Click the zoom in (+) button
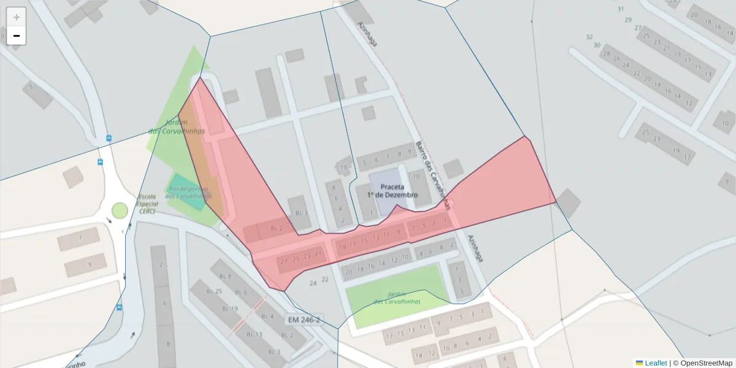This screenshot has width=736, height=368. click(x=17, y=17)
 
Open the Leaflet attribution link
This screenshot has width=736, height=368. click(x=656, y=363)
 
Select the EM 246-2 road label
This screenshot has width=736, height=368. click(x=303, y=320)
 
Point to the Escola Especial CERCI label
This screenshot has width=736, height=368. click(x=148, y=204)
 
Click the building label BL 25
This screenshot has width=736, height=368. click(x=213, y=291)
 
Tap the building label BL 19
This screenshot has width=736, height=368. click(x=230, y=309)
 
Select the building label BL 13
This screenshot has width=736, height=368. click(x=254, y=334)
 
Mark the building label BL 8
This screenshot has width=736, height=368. click(x=226, y=276)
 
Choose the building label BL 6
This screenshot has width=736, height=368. click(x=240, y=293)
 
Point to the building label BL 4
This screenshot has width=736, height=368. click(x=267, y=316)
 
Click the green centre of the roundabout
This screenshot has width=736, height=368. click(x=120, y=210)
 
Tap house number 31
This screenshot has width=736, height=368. click(x=621, y=9)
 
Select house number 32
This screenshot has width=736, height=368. click(x=589, y=37)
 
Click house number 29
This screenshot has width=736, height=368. click(x=628, y=20)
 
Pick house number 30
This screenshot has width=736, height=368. click(x=596, y=45)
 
